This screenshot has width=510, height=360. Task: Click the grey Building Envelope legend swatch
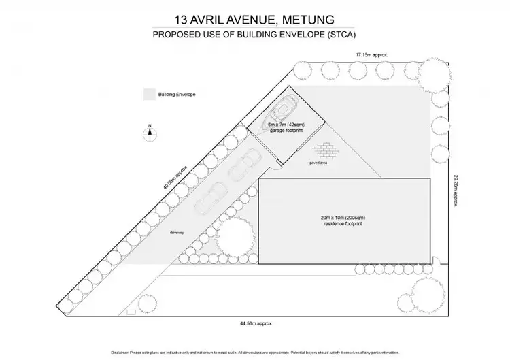[148, 94]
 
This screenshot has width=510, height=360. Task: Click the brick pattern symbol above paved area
[325, 150]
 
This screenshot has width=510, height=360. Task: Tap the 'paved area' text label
[319, 163]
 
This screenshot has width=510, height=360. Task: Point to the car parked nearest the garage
[243, 163]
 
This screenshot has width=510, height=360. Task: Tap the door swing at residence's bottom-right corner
[438, 261]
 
